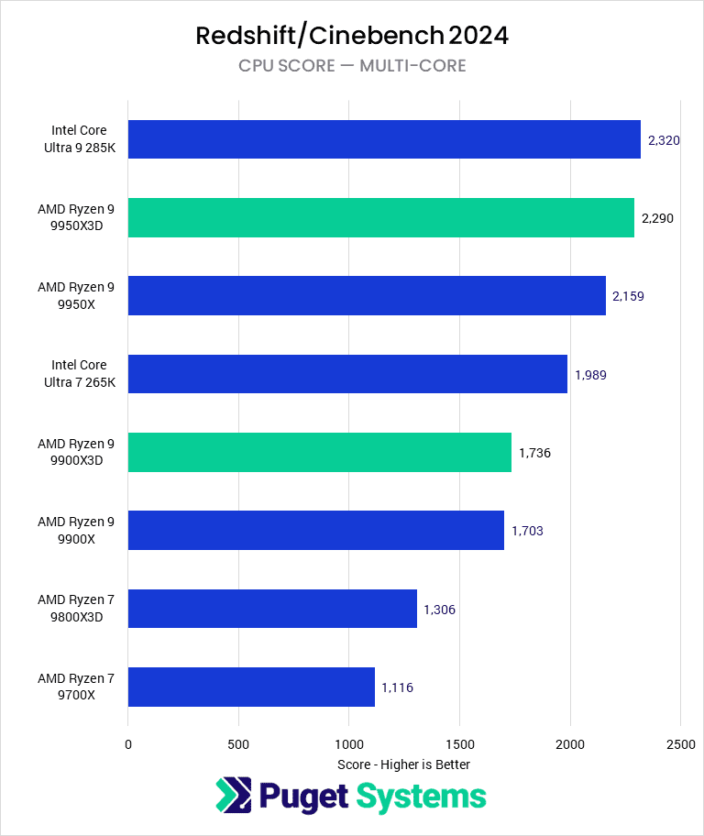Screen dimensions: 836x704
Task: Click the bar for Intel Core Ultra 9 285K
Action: (384, 139)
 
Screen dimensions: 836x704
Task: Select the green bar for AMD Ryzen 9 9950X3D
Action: (380, 217)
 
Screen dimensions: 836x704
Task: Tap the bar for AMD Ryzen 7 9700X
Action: (251, 687)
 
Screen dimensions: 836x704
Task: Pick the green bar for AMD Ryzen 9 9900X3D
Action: (319, 452)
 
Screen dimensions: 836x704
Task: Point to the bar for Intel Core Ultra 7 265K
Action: (347, 374)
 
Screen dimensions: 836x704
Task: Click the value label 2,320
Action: (664, 140)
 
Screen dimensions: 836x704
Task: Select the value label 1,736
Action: (534, 453)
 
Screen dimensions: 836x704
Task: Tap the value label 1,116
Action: (398, 687)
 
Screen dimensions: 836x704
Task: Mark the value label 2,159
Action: (628, 296)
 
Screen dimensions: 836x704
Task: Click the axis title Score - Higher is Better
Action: (403, 764)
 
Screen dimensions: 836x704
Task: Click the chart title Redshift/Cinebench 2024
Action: (352, 36)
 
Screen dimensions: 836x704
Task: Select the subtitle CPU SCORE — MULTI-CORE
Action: (352, 65)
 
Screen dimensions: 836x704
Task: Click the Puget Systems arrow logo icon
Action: (234, 796)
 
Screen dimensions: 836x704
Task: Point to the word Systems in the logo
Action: (421, 797)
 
